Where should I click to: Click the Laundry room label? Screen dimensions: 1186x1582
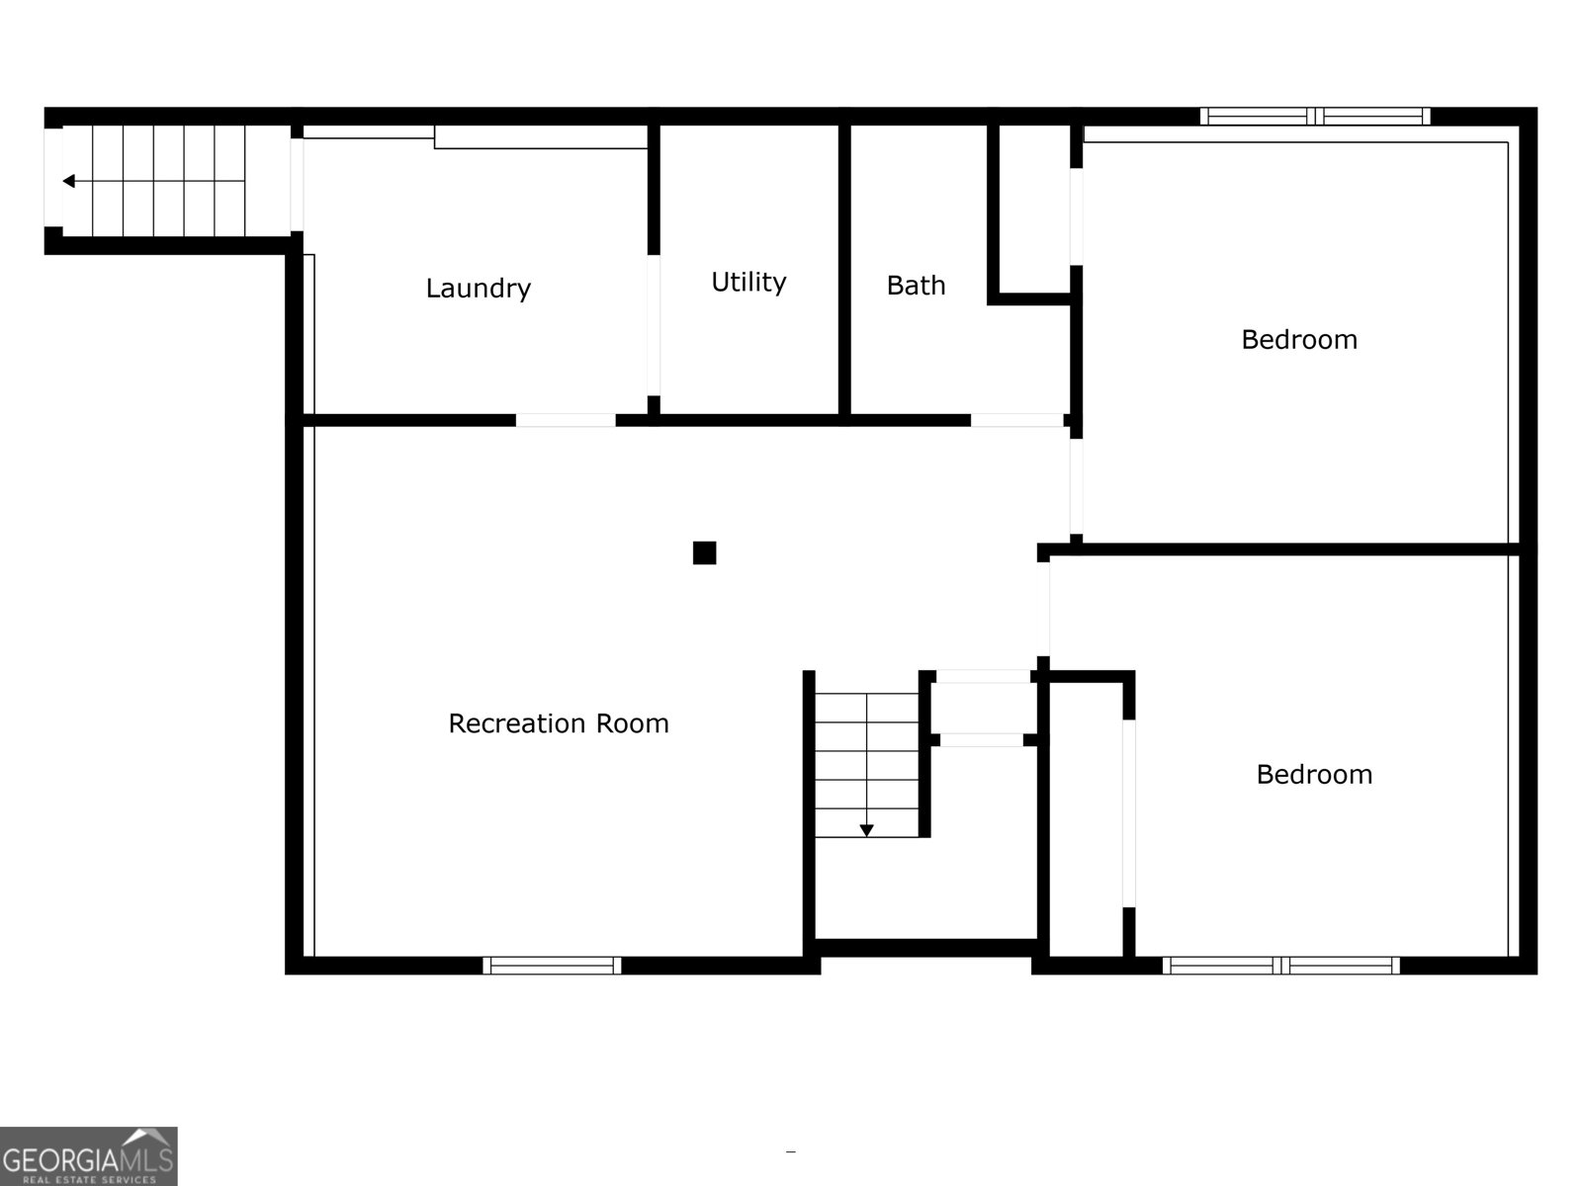click(478, 289)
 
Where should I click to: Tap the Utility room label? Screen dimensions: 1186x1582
click(748, 283)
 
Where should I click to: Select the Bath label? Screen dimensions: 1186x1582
click(916, 286)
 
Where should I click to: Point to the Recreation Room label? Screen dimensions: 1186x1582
click(559, 723)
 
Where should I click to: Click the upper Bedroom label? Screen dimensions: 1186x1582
click(1299, 340)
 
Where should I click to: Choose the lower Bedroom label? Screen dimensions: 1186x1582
click(1314, 774)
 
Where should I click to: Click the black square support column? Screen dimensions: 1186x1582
click(704, 552)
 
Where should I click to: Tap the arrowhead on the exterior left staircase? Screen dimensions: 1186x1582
click(68, 181)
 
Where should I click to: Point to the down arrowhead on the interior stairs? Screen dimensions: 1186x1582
click(866, 830)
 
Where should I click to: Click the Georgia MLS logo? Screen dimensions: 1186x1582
click(88, 1155)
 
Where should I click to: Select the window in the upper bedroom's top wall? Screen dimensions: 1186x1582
click(1315, 116)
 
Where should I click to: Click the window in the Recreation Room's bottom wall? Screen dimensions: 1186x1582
click(552, 966)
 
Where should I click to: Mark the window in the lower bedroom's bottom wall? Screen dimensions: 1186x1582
click(1281, 966)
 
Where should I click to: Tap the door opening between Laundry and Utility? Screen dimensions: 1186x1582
click(654, 325)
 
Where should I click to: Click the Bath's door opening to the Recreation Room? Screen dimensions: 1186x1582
click(1016, 420)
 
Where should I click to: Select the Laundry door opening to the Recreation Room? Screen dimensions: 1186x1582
click(566, 420)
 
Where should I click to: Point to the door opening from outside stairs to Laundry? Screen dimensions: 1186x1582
click(297, 185)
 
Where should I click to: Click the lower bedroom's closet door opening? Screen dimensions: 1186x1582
click(1129, 812)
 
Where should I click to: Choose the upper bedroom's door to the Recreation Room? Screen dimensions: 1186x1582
click(1077, 486)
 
